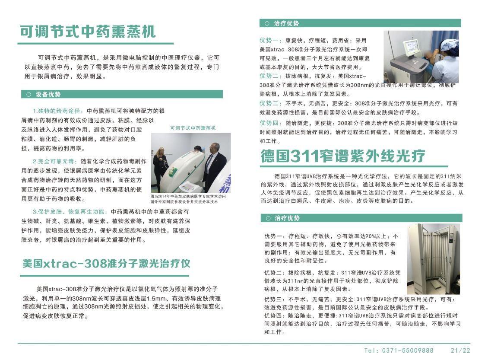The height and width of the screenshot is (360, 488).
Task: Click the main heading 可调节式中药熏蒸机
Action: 88,32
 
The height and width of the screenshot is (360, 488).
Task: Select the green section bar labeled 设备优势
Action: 122,94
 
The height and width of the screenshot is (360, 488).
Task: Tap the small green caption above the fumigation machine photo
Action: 193,128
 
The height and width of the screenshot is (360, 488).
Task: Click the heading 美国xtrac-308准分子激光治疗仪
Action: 106,264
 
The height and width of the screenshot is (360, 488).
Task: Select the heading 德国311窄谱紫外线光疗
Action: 343,156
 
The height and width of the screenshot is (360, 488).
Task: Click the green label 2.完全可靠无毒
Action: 55,161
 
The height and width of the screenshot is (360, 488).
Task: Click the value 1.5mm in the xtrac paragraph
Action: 150,298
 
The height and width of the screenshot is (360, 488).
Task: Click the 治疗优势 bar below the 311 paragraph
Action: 361,218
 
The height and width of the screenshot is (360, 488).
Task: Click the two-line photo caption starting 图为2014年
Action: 188,199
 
